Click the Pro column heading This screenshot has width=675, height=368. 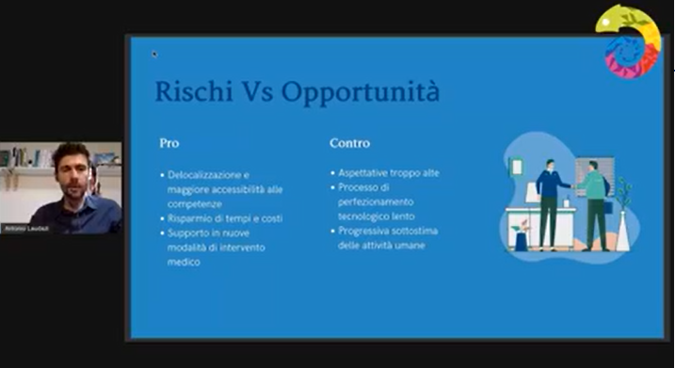tap(169, 143)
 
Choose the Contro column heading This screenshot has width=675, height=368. tap(349, 143)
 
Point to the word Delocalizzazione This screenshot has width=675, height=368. tap(208, 175)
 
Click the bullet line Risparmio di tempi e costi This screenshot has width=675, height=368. tap(225, 218)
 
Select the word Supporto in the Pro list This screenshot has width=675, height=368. tap(186, 232)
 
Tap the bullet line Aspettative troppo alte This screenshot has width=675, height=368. tap(389, 173)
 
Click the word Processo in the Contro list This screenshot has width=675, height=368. tap(358, 187)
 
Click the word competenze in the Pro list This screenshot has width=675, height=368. tap(193, 202)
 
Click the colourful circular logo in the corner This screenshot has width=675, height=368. tap(628, 41)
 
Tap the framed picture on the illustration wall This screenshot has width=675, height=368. tap(516, 167)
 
